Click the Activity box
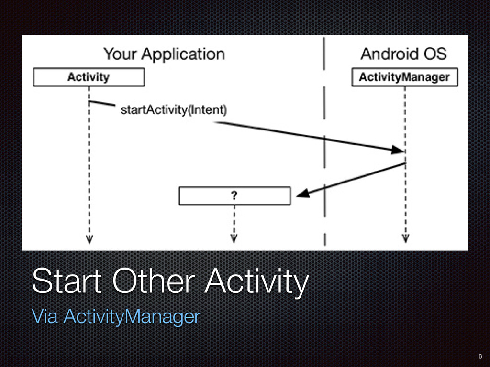(89, 77)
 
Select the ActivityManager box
(405, 77)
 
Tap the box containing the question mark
(234, 195)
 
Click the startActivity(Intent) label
(173, 110)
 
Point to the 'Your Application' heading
(164, 54)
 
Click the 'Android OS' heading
(404, 54)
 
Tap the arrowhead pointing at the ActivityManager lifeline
(398, 150)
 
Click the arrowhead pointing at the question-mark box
(302, 193)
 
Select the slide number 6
(480, 356)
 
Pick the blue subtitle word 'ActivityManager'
(132, 316)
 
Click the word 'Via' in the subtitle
(45, 316)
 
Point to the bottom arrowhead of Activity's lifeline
(89, 239)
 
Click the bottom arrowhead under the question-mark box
(234, 238)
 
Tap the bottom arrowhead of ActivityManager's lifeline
(406, 238)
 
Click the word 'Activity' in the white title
(257, 282)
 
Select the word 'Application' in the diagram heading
(183, 54)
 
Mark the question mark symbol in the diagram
(234, 195)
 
